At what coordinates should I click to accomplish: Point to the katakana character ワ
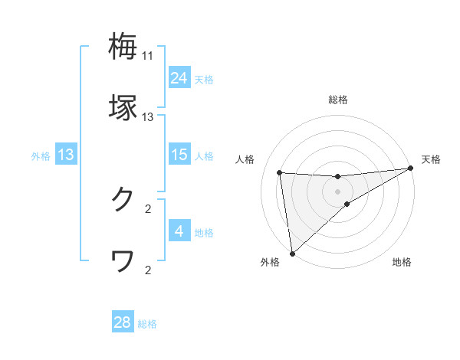point(123,262)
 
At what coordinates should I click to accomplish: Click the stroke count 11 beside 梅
point(148,56)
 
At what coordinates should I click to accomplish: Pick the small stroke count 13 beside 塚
point(148,117)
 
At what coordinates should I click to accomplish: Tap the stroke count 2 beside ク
point(148,208)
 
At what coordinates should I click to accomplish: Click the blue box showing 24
point(179,78)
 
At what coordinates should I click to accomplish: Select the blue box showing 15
point(179,155)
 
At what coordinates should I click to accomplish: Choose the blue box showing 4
point(179,231)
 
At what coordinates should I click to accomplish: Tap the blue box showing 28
point(123,322)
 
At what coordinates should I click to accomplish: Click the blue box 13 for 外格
point(66,155)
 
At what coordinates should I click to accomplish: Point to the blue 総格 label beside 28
point(147,324)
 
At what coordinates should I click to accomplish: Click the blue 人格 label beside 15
point(204,156)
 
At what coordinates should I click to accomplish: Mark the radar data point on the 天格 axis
point(410,169)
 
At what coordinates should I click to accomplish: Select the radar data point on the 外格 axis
point(291,253)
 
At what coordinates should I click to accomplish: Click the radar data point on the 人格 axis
point(280,172)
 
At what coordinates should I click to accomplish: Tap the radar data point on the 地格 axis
point(347,204)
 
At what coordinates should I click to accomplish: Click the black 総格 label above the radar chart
point(337,100)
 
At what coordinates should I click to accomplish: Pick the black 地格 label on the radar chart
point(402,262)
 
